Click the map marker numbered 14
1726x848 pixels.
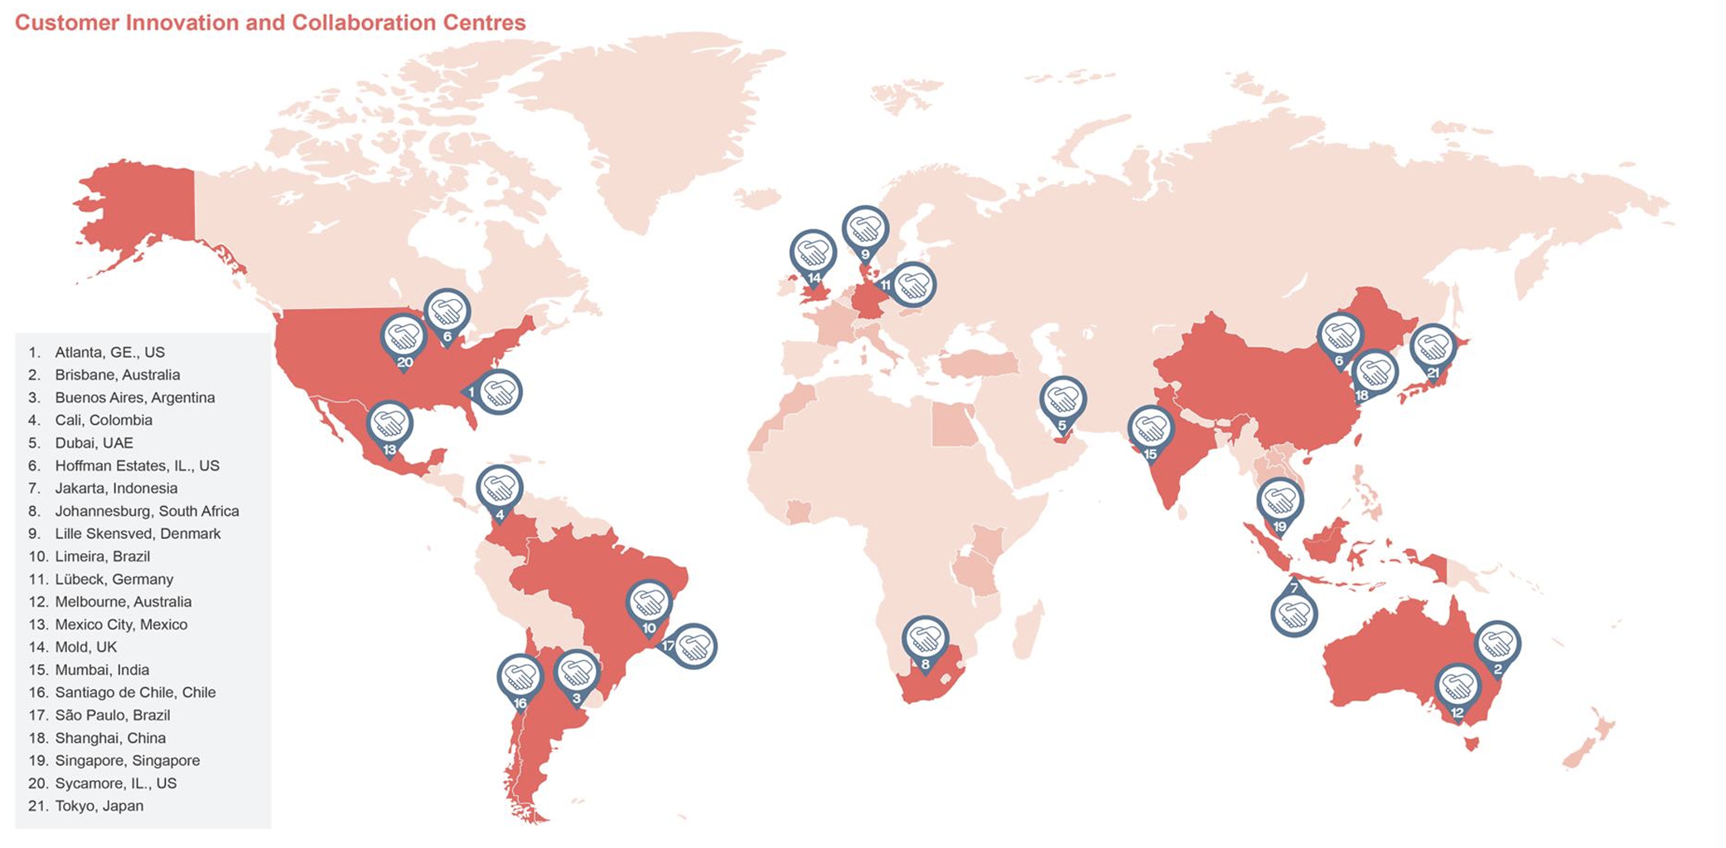click(x=813, y=254)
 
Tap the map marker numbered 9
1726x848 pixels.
click(x=865, y=230)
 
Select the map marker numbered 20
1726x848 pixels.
click(x=404, y=339)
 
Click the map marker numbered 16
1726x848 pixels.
click(x=520, y=679)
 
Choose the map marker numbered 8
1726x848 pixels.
click(x=925, y=640)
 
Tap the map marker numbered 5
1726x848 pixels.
click(x=1062, y=402)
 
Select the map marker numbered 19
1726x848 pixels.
click(x=1280, y=502)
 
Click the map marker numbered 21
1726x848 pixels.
click(x=1433, y=349)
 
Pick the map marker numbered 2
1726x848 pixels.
click(x=1497, y=644)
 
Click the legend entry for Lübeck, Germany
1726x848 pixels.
click(x=114, y=579)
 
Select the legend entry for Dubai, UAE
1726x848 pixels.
click(x=94, y=443)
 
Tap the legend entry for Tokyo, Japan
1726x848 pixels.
click(x=99, y=806)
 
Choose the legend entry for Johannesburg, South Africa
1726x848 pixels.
click(x=147, y=511)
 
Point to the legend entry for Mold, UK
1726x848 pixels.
click(x=85, y=647)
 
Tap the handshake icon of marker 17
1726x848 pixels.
click(x=694, y=646)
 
